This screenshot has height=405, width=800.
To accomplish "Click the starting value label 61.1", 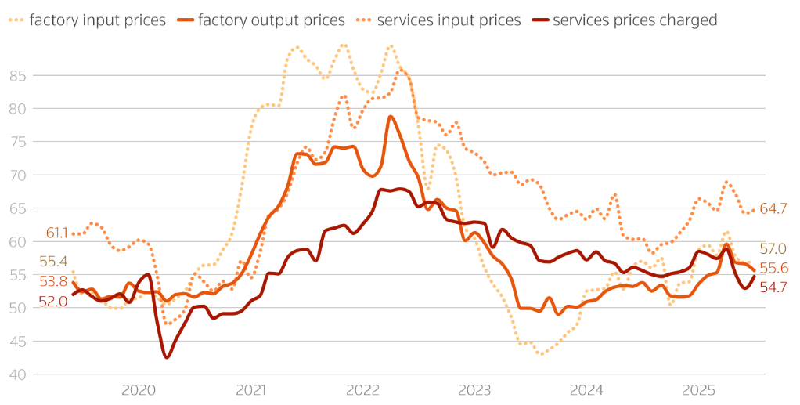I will [x=57, y=233].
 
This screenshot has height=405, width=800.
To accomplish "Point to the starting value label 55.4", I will [x=52, y=262].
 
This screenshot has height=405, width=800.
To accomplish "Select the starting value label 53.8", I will [x=52, y=281].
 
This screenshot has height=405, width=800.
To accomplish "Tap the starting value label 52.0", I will [x=52, y=302].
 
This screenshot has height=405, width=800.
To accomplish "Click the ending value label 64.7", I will [x=773, y=209].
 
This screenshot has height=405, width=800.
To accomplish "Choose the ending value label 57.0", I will [x=773, y=249].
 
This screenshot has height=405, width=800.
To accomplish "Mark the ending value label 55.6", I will [x=773, y=269].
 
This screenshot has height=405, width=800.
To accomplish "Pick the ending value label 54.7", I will [x=773, y=287].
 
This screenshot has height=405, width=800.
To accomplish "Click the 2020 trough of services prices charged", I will [x=167, y=357].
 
